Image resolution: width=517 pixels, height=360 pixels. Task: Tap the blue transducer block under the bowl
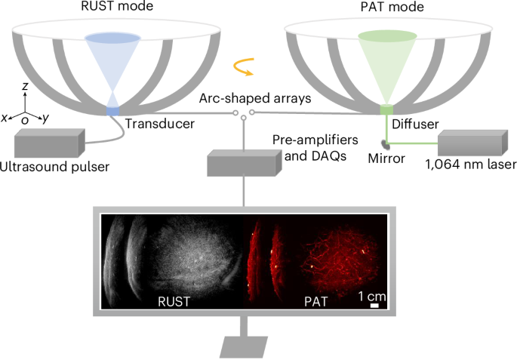click(x=112, y=112)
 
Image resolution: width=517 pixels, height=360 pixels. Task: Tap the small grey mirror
click(x=386, y=140)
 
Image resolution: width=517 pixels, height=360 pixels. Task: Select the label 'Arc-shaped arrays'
click(x=243, y=98)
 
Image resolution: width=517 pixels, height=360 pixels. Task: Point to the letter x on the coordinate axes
click(x=5, y=118)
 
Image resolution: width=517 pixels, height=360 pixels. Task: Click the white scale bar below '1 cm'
click(x=374, y=306)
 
